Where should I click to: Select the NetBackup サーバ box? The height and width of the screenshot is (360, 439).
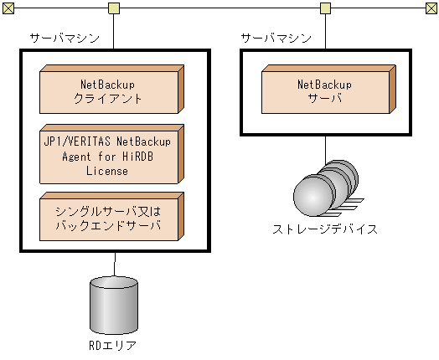click(x=325, y=90)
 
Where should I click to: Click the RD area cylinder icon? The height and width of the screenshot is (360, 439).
click(x=112, y=305)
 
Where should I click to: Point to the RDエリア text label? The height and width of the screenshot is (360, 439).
click(x=112, y=345)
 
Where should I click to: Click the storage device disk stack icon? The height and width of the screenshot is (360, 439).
click(x=327, y=189)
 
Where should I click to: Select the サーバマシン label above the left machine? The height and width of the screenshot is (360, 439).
click(x=65, y=39)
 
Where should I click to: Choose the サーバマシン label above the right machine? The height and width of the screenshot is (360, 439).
click(x=276, y=39)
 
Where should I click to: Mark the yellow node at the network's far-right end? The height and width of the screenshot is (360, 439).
click(x=431, y=9)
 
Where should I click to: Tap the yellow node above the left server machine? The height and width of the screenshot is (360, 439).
click(x=113, y=9)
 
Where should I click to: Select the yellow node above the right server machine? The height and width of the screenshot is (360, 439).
click(x=325, y=9)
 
